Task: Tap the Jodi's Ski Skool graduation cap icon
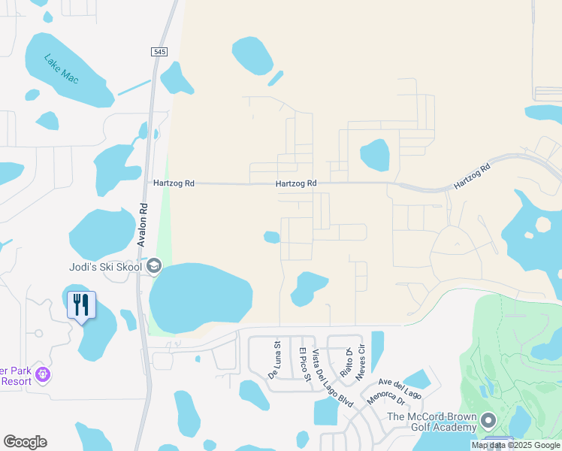click(x=154, y=265)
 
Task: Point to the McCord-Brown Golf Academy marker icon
click(x=489, y=419)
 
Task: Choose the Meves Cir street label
click(x=362, y=365)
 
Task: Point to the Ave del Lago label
click(x=400, y=389)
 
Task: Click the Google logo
click(x=25, y=442)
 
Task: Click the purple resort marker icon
click(x=43, y=373)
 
